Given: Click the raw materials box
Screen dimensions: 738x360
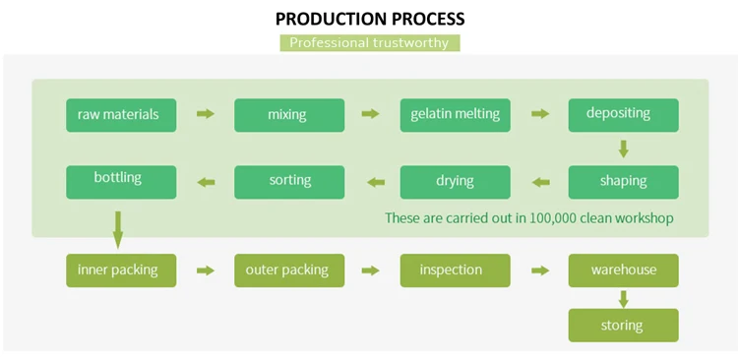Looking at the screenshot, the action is tap(121, 115).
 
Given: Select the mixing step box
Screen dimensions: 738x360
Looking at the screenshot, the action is tap(289, 115).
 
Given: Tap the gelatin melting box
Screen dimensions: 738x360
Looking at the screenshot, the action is tap(456, 115).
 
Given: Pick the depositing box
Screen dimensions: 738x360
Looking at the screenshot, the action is tap(624, 115).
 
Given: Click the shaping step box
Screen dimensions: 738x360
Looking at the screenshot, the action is tap(624, 182).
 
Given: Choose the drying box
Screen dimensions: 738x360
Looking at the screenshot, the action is tap(456, 182).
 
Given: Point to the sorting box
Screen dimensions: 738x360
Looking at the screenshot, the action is tap(289, 182).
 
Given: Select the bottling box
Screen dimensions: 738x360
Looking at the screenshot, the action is tap(121, 182).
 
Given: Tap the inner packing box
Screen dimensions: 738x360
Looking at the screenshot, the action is tap(121, 270).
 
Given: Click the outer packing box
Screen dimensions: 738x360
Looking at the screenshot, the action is tap(289, 270).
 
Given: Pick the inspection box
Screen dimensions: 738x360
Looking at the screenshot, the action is tap(456, 270).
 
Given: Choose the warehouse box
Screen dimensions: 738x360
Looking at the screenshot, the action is tap(624, 270).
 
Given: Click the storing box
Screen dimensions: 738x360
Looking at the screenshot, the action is tap(624, 326).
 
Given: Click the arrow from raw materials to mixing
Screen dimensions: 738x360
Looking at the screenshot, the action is tap(206, 114).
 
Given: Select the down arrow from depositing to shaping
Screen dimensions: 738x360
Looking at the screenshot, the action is tap(624, 149).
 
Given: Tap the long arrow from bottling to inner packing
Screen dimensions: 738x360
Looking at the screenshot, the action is tap(118, 229).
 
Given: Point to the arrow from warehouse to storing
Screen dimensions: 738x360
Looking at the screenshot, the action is tap(624, 299).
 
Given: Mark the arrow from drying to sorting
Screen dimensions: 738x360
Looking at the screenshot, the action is tap(376, 182).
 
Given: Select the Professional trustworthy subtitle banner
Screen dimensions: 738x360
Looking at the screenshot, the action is tap(370, 43).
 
